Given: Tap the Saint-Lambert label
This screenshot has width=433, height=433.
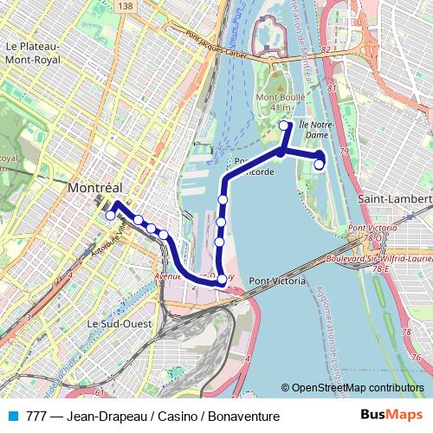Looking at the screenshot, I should click(x=395, y=198).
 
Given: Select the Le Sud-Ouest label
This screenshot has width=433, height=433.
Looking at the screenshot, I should click(x=120, y=322).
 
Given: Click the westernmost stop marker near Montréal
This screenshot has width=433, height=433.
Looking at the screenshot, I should click(x=110, y=216).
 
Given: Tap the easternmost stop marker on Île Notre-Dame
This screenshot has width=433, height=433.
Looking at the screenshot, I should click(x=319, y=164).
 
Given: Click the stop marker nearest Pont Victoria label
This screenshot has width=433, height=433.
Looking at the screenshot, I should click(x=223, y=278).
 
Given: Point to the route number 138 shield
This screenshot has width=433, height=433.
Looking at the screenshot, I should click(x=128, y=6).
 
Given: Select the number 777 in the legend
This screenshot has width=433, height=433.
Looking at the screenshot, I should click(x=36, y=417).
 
